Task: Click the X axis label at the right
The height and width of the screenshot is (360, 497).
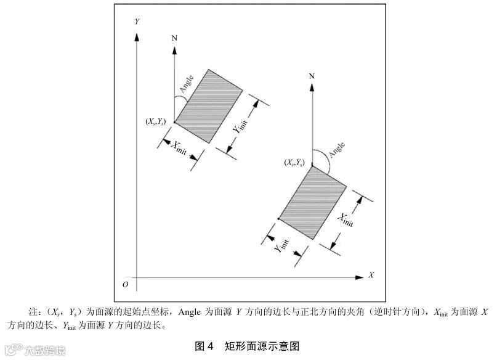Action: [371, 274]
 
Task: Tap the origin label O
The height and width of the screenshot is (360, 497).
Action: [125, 284]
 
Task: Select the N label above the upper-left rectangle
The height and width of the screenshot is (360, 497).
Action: [175, 38]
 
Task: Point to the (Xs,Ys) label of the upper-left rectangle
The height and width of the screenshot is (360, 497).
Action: [155, 122]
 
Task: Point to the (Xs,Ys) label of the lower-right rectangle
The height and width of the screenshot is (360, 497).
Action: [293, 162]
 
